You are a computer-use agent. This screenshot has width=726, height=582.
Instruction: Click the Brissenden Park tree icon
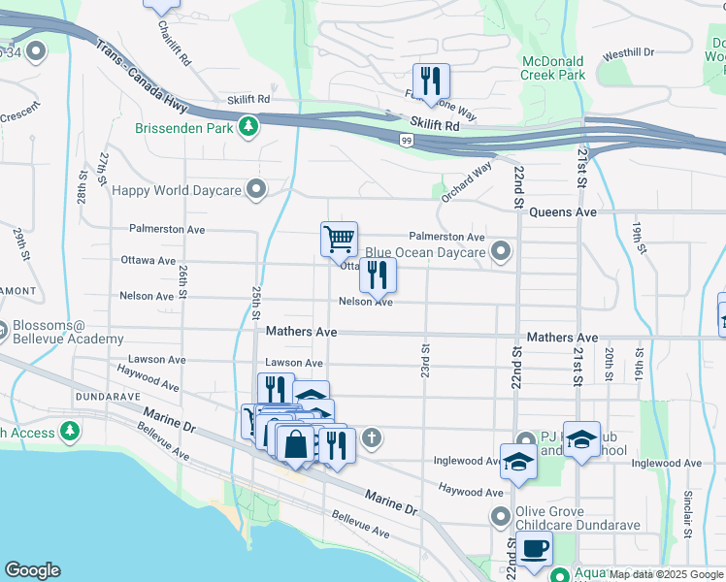pos(249,126)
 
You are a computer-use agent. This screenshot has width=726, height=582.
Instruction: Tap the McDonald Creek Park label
pos(553,67)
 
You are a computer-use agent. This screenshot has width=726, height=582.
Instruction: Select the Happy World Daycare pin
pos(256,189)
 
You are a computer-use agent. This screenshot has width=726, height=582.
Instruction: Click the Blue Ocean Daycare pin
pos(500,252)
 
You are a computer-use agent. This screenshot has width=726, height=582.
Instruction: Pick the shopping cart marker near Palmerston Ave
pos(339,238)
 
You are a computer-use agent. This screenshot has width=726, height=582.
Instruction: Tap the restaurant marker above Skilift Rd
pos(428,80)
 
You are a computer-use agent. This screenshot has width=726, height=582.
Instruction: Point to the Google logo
pos(32,570)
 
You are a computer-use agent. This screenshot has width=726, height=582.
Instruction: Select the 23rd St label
pos(424,360)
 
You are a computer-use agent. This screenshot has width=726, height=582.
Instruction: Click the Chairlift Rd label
pos(174,37)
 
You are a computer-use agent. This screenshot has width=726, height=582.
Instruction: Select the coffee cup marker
pos(533,548)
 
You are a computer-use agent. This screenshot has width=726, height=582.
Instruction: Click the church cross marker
pos(370,439)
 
